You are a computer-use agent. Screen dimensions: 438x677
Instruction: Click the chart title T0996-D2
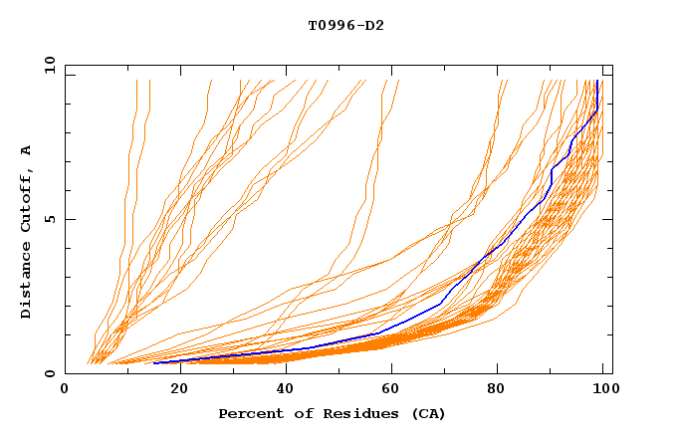point(345,25)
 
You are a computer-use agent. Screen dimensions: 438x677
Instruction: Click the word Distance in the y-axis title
point(26,283)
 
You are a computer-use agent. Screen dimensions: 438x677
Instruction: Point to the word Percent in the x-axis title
point(252,413)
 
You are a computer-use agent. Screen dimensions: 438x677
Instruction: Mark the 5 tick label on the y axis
point(54,219)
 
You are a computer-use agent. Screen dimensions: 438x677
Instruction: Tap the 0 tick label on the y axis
point(54,373)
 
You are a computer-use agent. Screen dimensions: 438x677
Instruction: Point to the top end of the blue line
point(595,81)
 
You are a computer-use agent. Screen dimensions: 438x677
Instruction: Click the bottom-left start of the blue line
point(154,363)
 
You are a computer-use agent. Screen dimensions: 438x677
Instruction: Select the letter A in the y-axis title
point(26,150)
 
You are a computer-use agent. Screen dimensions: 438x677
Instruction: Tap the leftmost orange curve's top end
point(135,81)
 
